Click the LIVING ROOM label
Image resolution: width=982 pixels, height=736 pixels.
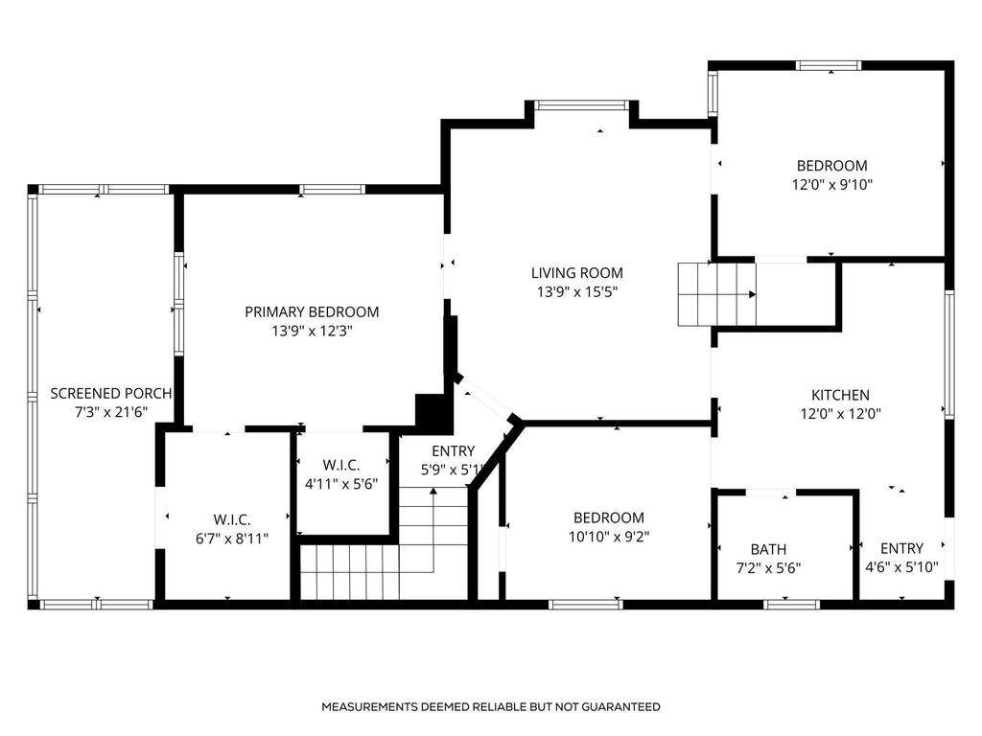point(576,273)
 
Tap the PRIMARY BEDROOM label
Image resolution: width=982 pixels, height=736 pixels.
point(312,311)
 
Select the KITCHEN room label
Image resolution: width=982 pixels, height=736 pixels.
point(840,395)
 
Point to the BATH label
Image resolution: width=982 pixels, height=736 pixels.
point(768,549)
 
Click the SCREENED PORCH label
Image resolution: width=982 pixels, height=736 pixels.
point(111,394)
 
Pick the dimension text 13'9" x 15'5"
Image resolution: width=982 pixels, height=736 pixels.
point(576,292)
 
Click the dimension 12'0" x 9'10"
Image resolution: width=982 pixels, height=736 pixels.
point(832,185)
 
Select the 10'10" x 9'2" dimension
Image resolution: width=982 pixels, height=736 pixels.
point(609,537)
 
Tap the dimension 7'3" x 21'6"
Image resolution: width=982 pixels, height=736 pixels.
point(111,412)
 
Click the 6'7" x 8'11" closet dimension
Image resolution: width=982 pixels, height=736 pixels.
point(232,539)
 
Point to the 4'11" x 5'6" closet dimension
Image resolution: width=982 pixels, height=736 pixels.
point(341,484)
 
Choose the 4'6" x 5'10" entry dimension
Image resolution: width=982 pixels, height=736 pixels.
point(901,567)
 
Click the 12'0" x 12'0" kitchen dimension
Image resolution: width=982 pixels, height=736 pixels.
point(840,414)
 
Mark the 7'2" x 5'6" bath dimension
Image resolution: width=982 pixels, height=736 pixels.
point(768,568)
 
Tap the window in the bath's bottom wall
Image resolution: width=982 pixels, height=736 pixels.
point(791,604)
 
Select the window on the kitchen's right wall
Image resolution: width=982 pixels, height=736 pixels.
point(949,355)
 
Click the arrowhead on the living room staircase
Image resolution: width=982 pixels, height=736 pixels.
point(752,295)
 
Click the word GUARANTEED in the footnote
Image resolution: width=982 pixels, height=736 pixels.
point(620,707)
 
